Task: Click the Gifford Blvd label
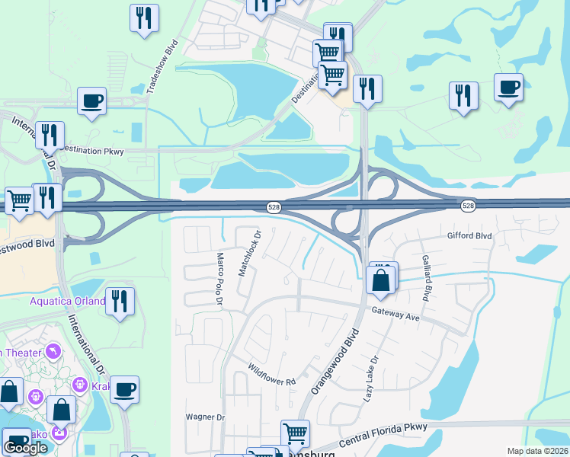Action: click(469, 236)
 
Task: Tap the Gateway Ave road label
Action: click(396, 313)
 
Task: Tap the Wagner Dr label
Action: click(205, 417)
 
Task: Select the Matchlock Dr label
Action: click(249, 253)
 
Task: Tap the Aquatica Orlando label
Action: click(67, 300)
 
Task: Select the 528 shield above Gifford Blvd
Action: click(468, 206)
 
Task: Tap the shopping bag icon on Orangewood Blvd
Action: click(381, 280)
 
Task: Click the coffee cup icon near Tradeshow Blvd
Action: click(91, 101)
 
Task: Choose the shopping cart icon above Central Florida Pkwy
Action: click(295, 433)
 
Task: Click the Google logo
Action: click(25, 448)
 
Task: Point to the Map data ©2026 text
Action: click(537, 451)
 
